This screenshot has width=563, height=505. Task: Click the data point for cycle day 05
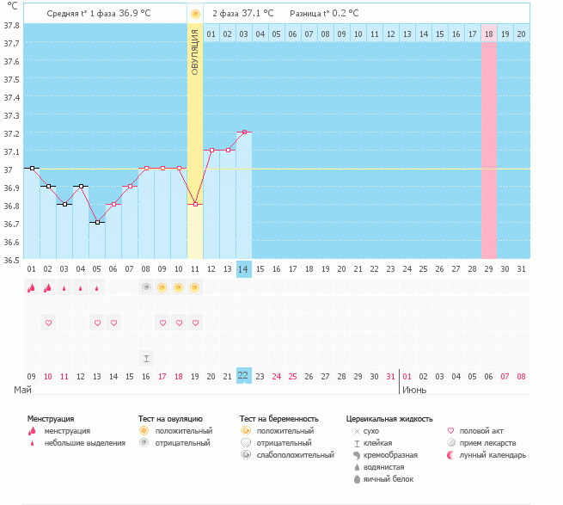(x=97, y=223)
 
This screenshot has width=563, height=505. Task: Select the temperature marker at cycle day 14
(x=244, y=132)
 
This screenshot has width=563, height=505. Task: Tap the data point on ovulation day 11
(x=195, y=204)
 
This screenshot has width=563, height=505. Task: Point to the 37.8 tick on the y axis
(x=11, y=25)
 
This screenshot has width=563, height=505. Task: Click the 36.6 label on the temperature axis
(x=11, y=242)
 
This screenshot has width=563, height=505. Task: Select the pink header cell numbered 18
(x=488, y=34)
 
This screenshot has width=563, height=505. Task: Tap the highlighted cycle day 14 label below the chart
(x=244, y=269)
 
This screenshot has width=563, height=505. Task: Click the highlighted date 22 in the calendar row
(x=244, y=376)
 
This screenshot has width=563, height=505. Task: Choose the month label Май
(x=23, y=390)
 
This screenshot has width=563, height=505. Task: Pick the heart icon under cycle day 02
(x=48, y=323)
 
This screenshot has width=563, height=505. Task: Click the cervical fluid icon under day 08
(x=146, y=358)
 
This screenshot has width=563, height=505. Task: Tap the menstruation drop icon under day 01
(x=32, y=288)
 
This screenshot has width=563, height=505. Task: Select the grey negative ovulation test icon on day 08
(x=146, y=287)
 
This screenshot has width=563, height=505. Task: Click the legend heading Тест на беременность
(x=285, y=418)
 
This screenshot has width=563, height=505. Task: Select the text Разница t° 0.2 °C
(x=324, y=14)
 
